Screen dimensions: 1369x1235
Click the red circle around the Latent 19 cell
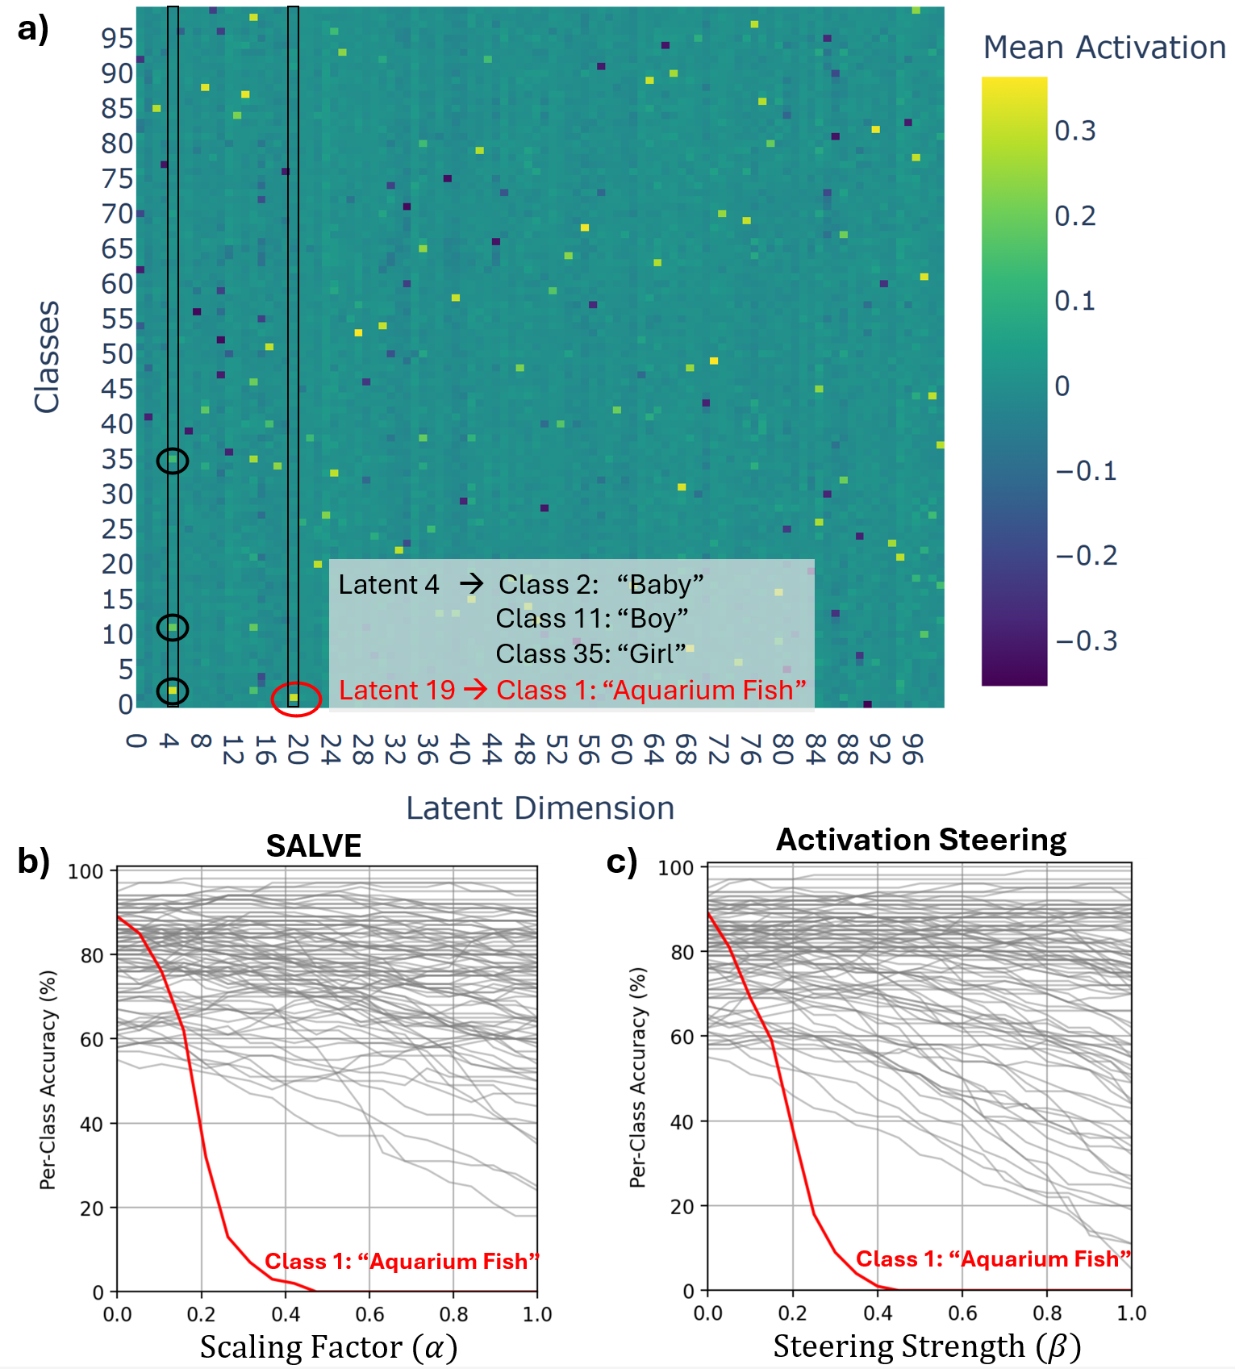[x=296, y=699]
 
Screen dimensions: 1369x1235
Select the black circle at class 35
[x=173, y=461]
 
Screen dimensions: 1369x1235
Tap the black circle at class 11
[x=173, y=627]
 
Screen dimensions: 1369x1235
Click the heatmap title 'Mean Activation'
[x=1104, y=48]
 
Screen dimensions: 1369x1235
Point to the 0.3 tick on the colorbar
[x=1075, y=131]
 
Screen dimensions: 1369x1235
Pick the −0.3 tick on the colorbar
[x=1087, y=641]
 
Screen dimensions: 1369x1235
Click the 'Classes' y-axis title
[x=47, y=357]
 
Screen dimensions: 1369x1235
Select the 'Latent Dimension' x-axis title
[x=540, y=808]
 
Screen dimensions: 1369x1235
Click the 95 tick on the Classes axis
[x=117, y=38]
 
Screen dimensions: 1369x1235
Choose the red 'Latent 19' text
[x=397, y=691]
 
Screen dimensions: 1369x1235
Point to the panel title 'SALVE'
[x=314, y=845]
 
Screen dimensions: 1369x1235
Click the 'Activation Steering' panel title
[x=920, y=840]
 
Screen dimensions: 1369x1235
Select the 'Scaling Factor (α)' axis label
[x=328, y=1347]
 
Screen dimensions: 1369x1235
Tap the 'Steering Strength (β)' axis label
[x=926, y=1346]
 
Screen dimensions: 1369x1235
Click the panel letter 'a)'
[x=33, y=29]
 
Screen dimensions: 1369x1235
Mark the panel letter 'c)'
[x=622, y=862]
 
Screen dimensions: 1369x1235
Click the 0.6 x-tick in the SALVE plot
[x=369, y=1315]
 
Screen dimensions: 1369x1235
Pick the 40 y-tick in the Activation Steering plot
[x=682, y=1122]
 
